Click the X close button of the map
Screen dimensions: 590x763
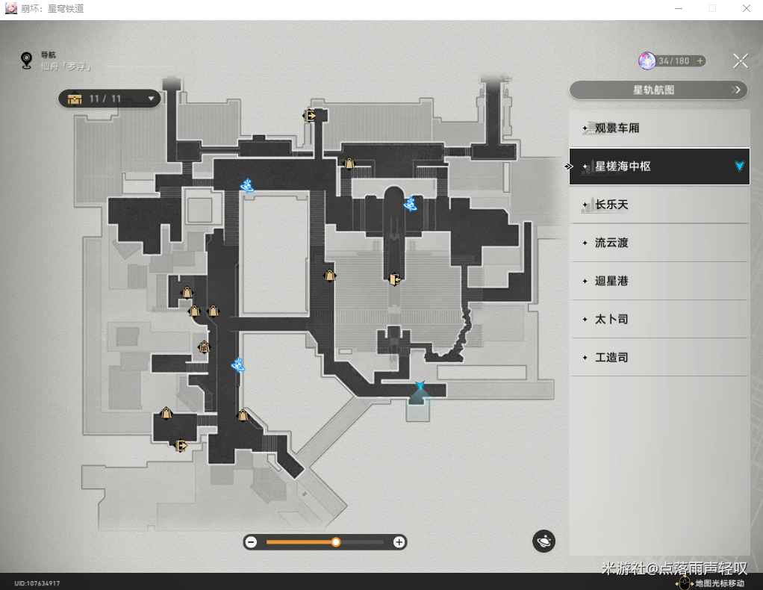click(x=740, y=61)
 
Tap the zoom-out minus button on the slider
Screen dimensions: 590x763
click(x=251, y=542)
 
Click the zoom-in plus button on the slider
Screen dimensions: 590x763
click(x=399, y=542)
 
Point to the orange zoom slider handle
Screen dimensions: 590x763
click(x=336, y=542)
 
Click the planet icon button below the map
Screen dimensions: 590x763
click(x=544, y=541)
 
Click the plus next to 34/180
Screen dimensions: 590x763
click(x=700, y=60)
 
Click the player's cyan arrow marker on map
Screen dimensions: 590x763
click(x=420, y=386)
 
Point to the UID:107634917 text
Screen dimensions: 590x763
click(x=37, y=583)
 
